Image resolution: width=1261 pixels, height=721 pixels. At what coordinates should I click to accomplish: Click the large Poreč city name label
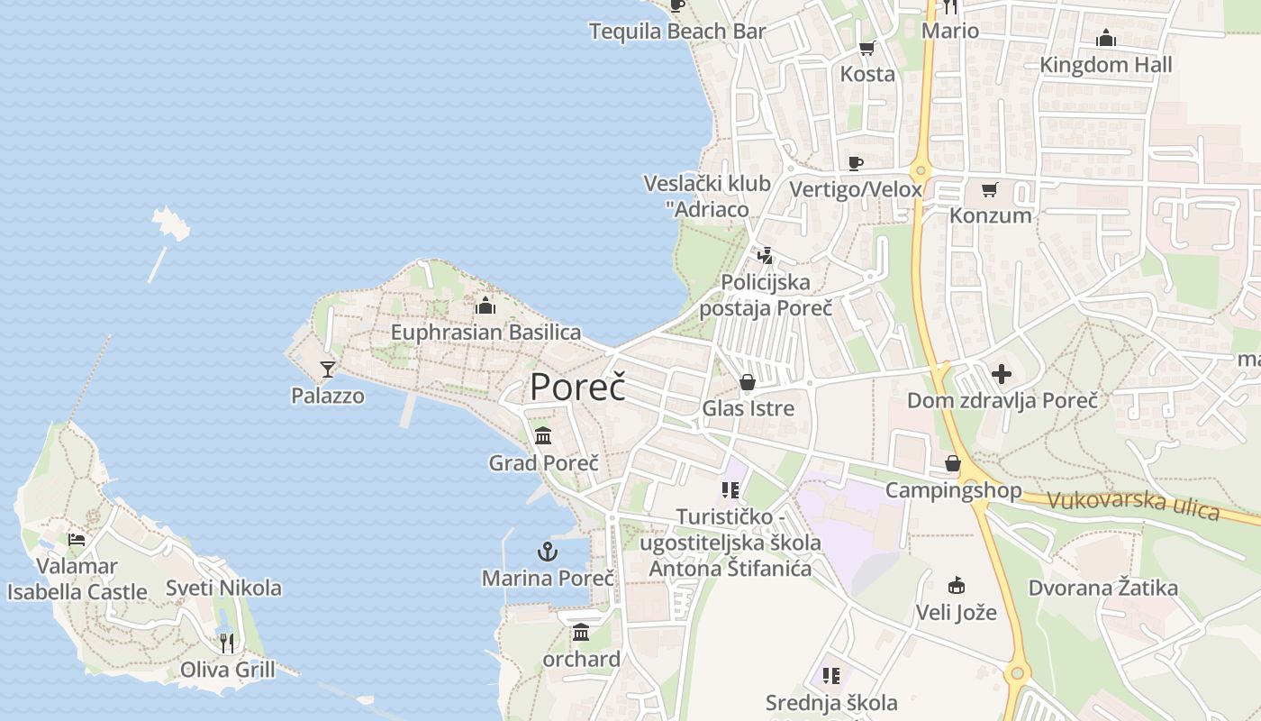coord(577,387)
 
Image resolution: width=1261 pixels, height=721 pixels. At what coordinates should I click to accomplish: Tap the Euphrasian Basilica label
coord(485,333)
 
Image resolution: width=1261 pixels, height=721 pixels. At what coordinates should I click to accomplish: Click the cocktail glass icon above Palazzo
coord(328,370)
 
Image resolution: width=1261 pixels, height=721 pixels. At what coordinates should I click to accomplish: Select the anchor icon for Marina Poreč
coord(548,551)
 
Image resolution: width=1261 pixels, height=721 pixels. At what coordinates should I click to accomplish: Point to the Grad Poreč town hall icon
coord(543,436)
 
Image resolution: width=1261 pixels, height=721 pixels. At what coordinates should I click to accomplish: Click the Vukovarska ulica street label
coord(1133,506)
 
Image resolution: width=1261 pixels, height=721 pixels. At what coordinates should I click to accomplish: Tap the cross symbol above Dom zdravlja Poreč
coord(1002,374)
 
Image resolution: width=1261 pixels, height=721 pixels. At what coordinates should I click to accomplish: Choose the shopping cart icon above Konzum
coord(990,189)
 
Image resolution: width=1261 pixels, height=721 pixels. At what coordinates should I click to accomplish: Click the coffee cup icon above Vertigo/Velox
coord(856,163)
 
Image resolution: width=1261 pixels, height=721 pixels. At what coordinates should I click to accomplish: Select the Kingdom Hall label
coord(1106,65)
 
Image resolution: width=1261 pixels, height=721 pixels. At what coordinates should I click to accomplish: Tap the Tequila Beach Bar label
coord(677,32)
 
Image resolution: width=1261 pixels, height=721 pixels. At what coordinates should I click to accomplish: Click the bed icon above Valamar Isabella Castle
coord(77,540)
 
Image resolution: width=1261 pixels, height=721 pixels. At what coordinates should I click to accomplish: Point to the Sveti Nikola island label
coord(223,589)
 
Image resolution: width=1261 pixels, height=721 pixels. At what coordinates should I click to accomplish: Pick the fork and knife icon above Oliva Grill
coord(227,643)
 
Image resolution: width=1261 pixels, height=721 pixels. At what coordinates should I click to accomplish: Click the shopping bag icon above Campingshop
coord(953,464)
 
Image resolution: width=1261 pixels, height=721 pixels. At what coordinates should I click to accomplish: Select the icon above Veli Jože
coord(956,586)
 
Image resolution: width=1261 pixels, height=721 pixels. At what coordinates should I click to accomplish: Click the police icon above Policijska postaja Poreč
coord(766,256)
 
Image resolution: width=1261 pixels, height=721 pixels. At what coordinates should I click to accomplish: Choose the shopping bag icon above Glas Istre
coord(748,382)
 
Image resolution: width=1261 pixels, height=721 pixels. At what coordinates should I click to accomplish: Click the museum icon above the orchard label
coord(581,633)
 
